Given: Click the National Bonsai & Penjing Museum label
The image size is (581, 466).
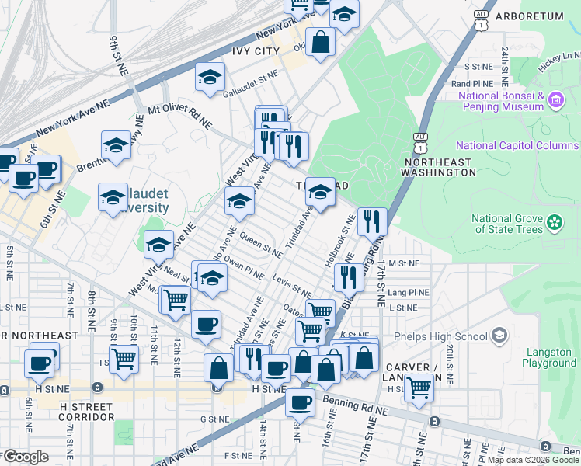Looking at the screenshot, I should click(501, 101).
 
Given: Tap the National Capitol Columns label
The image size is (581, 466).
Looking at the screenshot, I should click(517, 145).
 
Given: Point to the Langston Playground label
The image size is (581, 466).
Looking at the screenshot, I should click(549, 357).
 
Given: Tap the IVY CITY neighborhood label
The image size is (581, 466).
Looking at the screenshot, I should click(256, 51).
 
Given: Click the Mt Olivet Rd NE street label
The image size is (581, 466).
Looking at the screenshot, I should click(179, 116).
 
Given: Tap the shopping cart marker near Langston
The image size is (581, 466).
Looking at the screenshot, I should click(419, 386).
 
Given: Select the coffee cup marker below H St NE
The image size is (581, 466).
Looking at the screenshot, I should click(300, 402).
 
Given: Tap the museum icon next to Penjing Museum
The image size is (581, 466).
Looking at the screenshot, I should click(555, 100).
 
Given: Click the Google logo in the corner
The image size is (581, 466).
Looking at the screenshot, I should click(26, 457).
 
